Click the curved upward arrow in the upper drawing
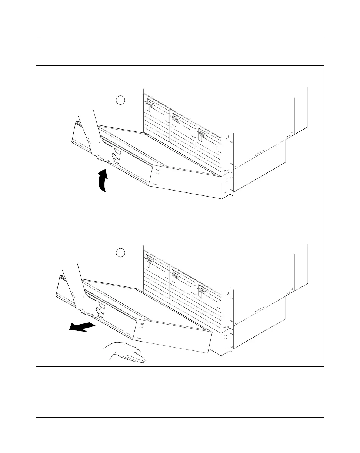click(x=103, y=181)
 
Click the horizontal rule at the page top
click(x=180, y=36)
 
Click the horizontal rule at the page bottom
click(x=180, y=418)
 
